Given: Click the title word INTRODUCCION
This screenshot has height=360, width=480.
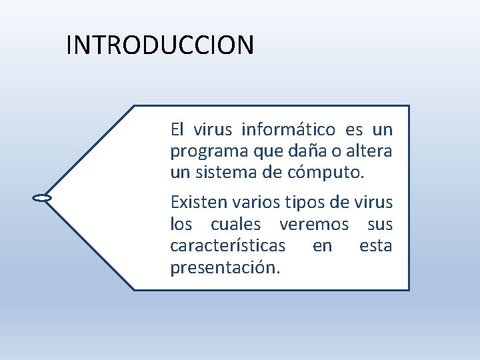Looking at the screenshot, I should (160, 45).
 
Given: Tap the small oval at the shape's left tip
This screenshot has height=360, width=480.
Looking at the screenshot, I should (42, 198).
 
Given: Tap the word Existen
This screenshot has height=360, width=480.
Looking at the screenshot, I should (193, 201).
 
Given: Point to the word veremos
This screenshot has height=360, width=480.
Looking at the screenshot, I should (313, 223).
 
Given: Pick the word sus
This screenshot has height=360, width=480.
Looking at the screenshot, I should (379, 224).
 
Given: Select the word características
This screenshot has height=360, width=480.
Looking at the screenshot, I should (228, 245).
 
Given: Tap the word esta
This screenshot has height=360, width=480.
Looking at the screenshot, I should (375, 245).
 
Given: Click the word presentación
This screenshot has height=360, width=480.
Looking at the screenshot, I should (225, 268).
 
